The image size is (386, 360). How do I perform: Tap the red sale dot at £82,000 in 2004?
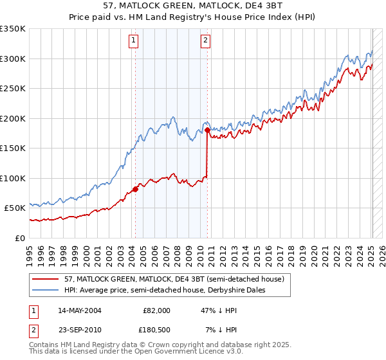[136, 189]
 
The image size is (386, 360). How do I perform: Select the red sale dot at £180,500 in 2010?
[208, 130]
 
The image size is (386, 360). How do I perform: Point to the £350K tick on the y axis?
[13, 29]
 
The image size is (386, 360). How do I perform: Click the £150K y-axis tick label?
[13, 148]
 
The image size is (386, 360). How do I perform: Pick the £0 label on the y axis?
[21, 238]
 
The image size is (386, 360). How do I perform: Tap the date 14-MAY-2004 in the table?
[79, 310]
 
